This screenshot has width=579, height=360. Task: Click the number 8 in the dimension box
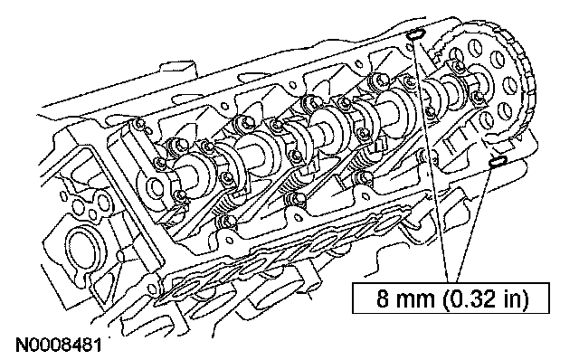(x=383, y=298)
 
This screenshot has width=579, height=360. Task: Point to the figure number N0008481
(x=58, y=346)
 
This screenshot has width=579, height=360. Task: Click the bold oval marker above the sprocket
(x=415, y=34)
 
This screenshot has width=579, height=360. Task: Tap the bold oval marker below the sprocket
(x=497, y=161)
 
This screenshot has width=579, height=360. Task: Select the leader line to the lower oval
(x=474, y=223)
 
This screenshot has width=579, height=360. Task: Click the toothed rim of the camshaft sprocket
(x=527, y=74)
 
